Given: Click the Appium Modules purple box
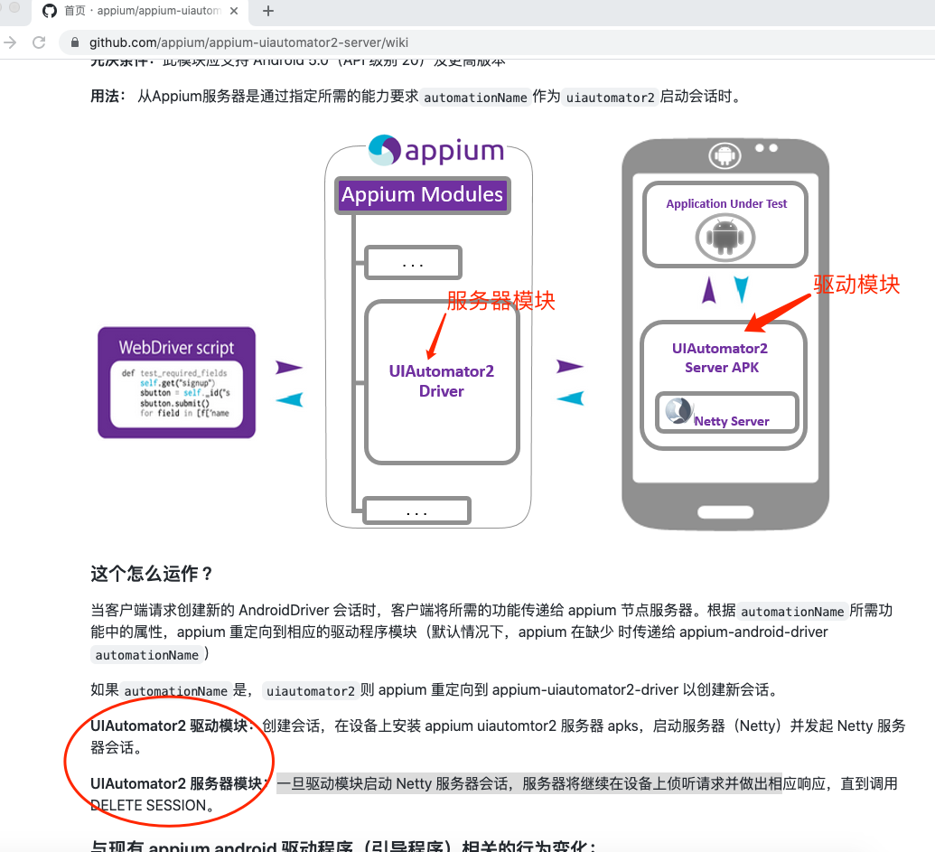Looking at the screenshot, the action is point(422,195).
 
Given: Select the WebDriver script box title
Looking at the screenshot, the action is point(176,348).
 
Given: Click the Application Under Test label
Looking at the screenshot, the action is point(726,204).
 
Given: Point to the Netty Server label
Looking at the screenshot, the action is point(731,421).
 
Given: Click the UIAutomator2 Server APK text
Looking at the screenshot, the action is point(720,358).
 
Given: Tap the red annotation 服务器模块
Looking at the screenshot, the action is point(500,301).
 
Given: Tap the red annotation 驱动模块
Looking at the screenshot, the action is point(856,284).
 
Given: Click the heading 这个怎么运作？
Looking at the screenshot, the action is point(152,574).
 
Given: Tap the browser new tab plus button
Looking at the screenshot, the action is point(268,12).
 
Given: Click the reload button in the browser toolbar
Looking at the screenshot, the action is point(39,42).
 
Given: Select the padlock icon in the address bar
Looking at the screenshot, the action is point(75,42).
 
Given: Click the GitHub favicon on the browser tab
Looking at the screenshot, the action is point(50,12).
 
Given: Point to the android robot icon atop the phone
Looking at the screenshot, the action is point(725,156).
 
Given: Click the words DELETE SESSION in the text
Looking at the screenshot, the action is point(149,805).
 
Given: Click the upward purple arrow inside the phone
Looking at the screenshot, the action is point(710,290).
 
